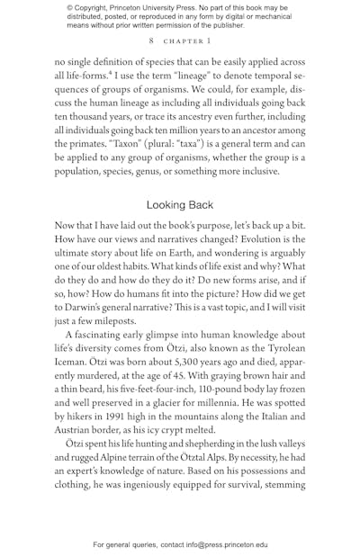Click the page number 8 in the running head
coord(151,41)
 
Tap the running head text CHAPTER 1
coord(187,41)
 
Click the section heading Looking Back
coord(180,205)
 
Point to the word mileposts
coord(112,320)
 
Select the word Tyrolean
coord(282,348)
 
